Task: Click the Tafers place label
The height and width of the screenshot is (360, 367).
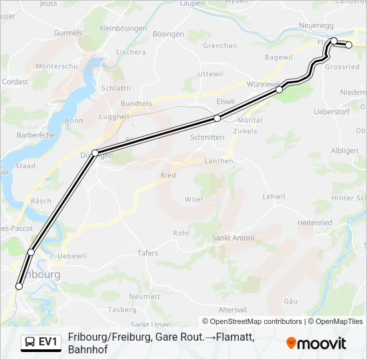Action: (x=147, y=253)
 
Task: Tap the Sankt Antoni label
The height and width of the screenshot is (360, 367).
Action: (x=232, y=238)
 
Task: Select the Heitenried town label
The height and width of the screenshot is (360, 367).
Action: (x=315, y=223)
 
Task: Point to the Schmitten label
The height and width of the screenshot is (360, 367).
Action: (x=207, y=137)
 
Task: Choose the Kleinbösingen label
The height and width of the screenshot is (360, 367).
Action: (x=122, y=29)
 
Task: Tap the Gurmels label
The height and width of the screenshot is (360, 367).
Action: (x=68, y=33)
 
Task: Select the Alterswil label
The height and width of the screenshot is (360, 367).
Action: (x=233, y=310)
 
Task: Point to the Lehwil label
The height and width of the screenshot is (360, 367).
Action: (x=274, y=197)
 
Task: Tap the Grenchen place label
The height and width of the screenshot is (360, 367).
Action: (x=220, y=46)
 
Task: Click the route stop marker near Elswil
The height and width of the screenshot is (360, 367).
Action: (x=217, y=118)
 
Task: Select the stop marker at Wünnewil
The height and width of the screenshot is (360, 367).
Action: (x=279, y=89)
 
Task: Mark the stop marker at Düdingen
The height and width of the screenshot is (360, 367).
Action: (x=95, y=153)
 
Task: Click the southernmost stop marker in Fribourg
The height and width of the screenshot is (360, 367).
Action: (x=19, y=286)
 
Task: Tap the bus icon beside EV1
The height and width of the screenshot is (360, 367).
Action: (x=31, y=342)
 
